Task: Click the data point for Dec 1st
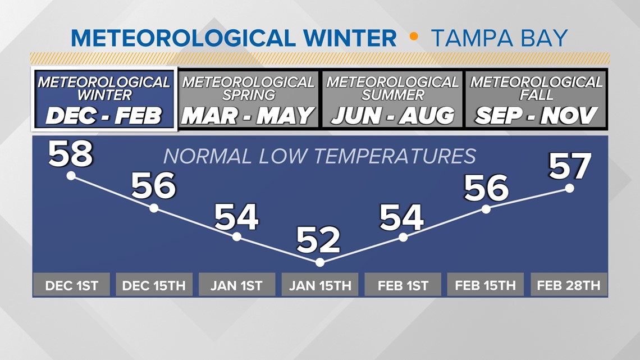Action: tap(71, 176)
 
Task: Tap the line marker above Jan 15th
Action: tap(320, 262)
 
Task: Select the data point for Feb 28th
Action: tap(569, 188)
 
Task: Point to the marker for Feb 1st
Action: tap(403, 238)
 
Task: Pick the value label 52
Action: tap(318, 240)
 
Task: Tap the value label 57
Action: tap(570, 166)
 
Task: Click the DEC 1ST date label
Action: tap(71, 285)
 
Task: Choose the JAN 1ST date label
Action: tap(237, 285)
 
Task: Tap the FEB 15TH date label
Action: tap(486, 285)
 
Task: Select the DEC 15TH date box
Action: tap(154, 285)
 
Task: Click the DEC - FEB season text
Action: tap(104, 116)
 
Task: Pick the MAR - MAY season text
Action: tap(248, 116)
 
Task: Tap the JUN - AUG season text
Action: tap(392, 116)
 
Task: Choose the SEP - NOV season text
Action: tap(536, 116)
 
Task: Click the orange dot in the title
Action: tap(414, 37)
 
